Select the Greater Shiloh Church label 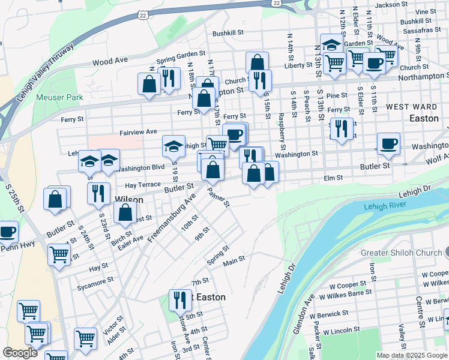pos(401,253)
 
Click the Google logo pos(20,353)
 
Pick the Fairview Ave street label pos(137,131)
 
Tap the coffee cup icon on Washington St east pos(388,143)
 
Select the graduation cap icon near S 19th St pos(173,146)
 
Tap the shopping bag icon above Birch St pos(125,212)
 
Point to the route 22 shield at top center pos(142,14)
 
